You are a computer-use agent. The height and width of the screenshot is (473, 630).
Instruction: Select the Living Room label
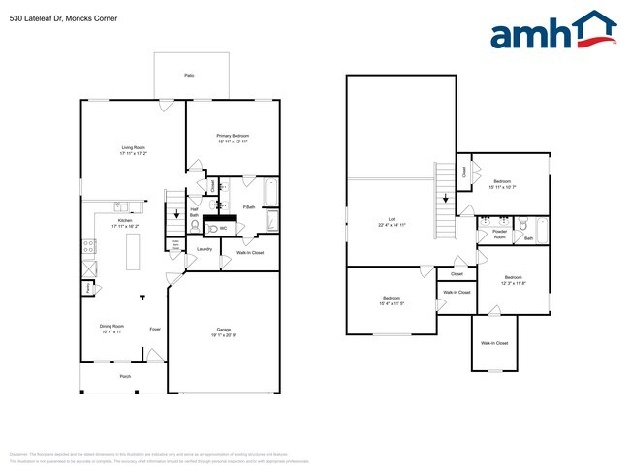133,147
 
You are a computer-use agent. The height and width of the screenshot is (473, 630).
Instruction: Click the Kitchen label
125,220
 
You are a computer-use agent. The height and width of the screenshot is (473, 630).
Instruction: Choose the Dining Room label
111,326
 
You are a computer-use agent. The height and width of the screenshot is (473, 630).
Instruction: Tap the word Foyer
154,330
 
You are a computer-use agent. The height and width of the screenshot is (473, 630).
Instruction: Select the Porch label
125,376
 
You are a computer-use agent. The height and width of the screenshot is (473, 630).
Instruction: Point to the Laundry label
205,249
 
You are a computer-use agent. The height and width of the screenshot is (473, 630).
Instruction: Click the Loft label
392,219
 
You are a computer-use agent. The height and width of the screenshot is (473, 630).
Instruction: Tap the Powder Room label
500,234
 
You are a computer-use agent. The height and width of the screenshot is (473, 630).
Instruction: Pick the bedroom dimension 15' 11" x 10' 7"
502,187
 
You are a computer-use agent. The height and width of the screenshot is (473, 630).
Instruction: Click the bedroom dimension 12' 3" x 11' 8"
513,283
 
